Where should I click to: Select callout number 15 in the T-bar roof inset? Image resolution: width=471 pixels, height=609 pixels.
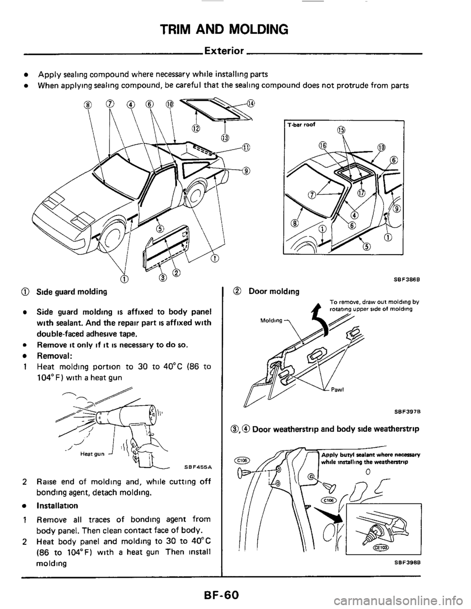341,130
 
